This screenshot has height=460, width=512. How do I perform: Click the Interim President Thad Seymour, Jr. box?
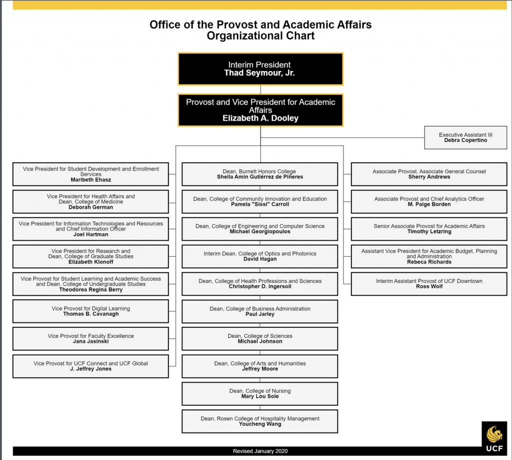[x=260, y=69]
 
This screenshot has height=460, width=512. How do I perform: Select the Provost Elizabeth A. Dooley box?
[x=260, y=110]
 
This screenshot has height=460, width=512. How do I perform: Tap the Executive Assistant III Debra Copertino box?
[x=465, y=138]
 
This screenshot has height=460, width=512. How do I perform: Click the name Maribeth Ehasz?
[x=91, y=180]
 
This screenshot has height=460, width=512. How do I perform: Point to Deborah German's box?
[x=91, y=202]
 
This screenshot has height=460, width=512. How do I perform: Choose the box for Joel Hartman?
[x=91, y=229]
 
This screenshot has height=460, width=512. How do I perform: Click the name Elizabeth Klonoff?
[x=91, y=262]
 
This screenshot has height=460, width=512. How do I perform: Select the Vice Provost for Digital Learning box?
[x=91, y=311]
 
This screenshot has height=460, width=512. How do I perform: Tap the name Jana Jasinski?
[x=91, y=341]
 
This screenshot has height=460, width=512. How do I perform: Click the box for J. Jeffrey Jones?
[x=91, y=366]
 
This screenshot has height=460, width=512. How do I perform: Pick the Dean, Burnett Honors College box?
[x=260, y=174]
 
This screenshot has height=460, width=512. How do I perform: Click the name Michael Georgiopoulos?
[x=260, y=231]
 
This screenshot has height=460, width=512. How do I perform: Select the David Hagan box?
[x=260, y=257]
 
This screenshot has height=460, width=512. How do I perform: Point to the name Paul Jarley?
[x=260, y=314]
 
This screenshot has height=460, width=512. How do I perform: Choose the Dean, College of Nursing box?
[x=260, y=394]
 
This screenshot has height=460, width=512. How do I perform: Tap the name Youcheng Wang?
[x=260, y=424]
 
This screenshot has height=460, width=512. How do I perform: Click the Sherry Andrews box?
[x=429, y=174]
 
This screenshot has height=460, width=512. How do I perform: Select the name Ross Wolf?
[x=429, y=286]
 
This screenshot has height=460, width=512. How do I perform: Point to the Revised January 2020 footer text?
[x=260, y=451]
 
